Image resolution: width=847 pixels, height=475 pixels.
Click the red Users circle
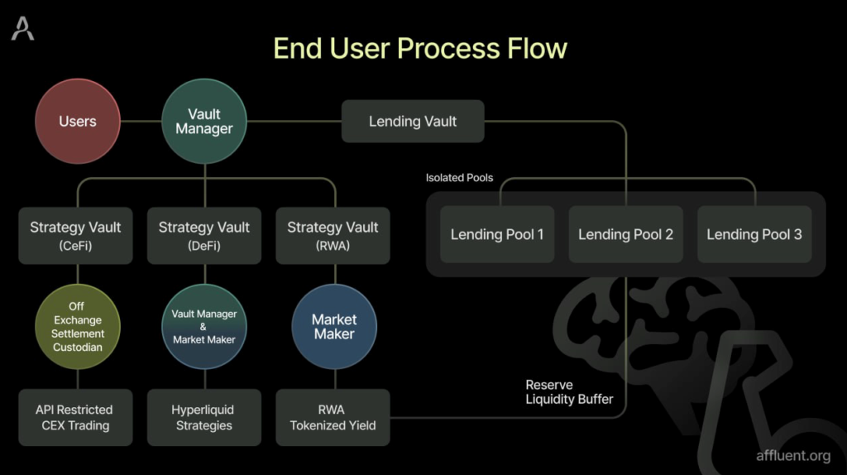(x=77, y=122)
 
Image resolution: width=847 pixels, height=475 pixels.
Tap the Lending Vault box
(x=413, y=122)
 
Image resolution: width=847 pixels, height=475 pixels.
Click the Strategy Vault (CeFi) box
(x=76, y=235)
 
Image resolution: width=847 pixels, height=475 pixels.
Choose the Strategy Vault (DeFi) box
(x=204, y=235)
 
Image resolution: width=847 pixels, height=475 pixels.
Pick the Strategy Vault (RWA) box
(x=333, y=235)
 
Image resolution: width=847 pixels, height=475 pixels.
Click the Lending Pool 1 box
(x=497, y=234)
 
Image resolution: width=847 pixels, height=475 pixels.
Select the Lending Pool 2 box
(x=625, y=234)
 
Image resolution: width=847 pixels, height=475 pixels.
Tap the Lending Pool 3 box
(x=754, y=234)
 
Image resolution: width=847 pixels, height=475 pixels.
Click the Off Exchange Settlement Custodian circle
(x=78, y=327)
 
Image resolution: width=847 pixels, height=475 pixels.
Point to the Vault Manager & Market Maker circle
(x=204, y=327)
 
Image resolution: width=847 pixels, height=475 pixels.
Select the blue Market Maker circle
(x=334, y=327)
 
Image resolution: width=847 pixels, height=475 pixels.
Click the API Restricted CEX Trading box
(x=74, y=417)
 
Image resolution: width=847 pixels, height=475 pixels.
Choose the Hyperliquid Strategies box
(x=203, y=417)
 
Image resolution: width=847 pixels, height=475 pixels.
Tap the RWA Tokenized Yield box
(x=333, y=417)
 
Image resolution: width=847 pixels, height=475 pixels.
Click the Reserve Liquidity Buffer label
(x=569, y=392)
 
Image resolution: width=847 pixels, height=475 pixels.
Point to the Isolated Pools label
(x=459, y=178)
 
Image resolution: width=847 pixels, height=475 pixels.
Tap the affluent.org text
(x=792, y=455)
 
